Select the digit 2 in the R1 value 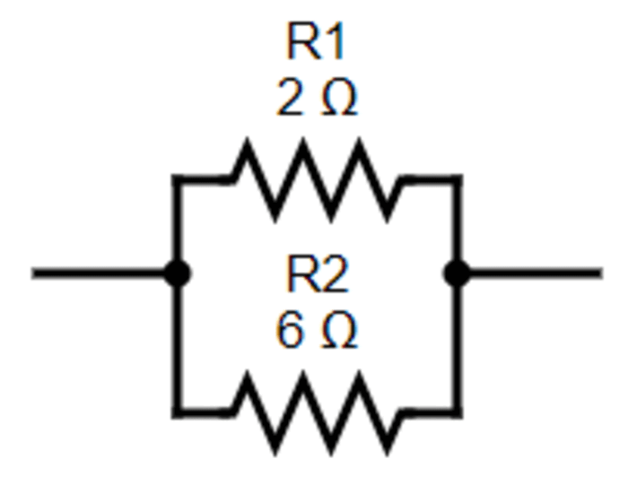[290, 100]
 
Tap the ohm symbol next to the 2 [338, 100]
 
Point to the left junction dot [178, 273]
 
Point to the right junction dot [458, 273]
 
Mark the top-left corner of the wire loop [178, 179]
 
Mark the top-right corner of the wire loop [458, 179]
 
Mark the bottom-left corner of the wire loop [178, 413]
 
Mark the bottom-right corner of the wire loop [458, 413]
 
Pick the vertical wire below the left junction [178, 345]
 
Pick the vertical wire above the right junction [458, 224]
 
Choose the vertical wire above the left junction [178, 224]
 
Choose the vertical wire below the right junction [458, 345]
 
